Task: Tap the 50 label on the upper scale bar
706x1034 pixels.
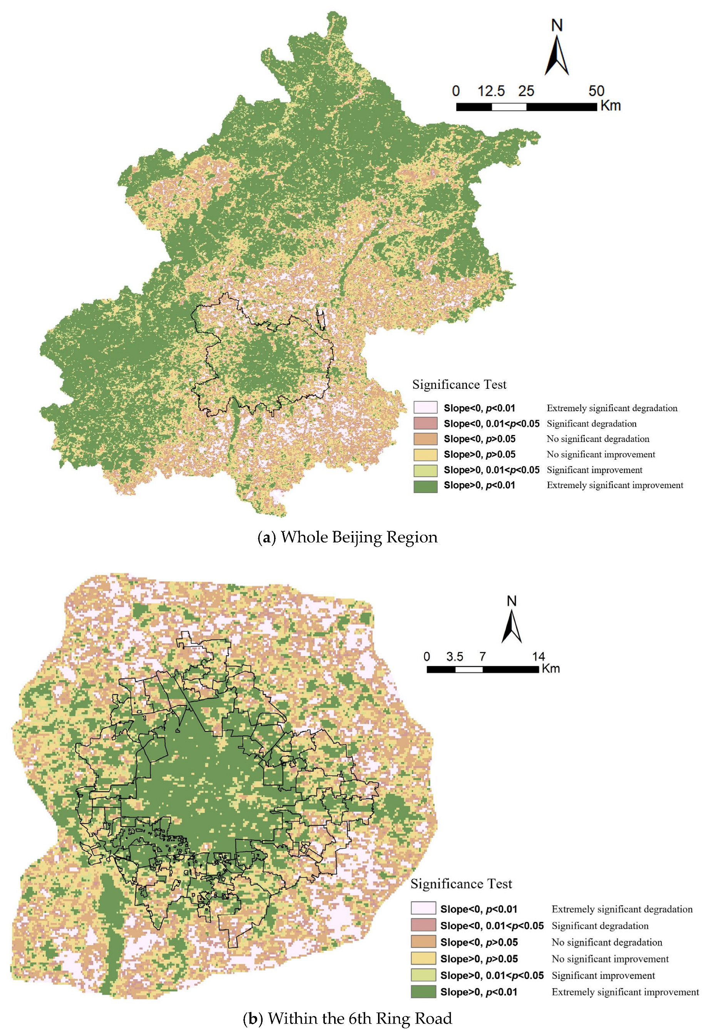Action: (596, 91)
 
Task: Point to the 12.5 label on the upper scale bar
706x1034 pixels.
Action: (491, 91)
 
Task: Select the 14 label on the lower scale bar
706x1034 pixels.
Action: (538, 656)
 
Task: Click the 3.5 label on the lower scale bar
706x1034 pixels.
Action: (455, 656)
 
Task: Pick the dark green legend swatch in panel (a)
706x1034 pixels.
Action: (425, 486)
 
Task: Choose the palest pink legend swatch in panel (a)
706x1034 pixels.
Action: (425, 408)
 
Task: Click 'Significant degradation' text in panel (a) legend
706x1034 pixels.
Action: (591, 423)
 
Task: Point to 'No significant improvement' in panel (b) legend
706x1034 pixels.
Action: (610, 959)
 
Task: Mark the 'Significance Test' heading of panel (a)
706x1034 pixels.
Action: (459, 385)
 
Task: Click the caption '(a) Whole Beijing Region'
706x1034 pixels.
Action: (348, 537)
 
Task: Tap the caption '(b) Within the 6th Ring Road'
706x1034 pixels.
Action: (348, 1018)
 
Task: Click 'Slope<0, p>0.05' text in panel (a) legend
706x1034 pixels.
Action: (480, 439)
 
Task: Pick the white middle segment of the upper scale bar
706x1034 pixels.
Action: (509, 107)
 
